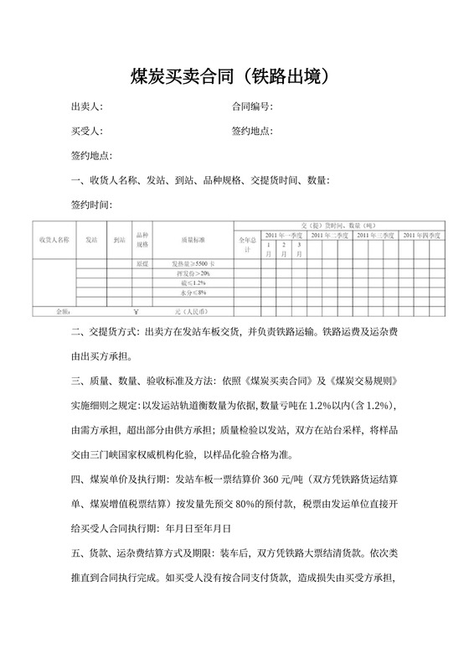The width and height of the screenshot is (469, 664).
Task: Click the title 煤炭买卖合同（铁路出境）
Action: (x=234, y=76)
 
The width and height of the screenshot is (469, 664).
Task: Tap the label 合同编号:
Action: (x=252, y=107)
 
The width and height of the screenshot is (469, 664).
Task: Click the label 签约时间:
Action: (x=91, y=205)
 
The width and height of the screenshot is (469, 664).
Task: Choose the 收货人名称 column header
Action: (x=54, y=240)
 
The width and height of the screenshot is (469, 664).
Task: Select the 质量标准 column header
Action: (x=193, y=240)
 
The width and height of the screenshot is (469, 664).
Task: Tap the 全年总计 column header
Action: (x=247, y=246)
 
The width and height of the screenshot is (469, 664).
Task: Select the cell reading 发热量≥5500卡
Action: (x=193, y=264)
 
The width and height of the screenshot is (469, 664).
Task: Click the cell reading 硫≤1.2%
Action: (x=193, y=283)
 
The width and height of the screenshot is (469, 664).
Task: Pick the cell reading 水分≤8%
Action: (x=193, y=293)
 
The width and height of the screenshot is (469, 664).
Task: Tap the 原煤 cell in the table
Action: (x=142, y=264)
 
